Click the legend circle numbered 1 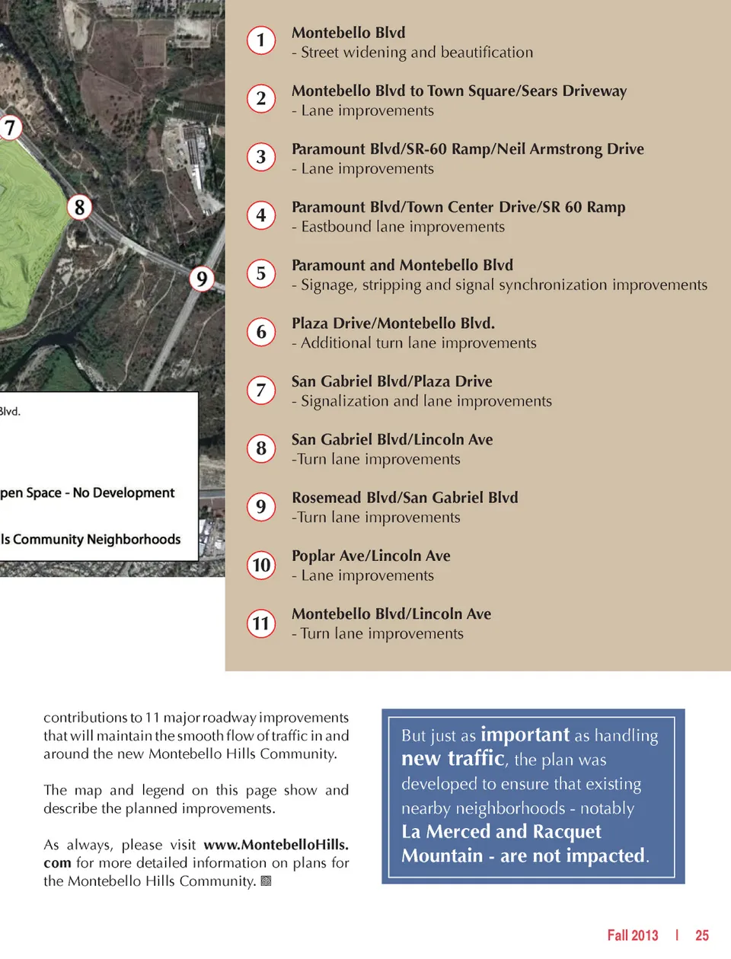(x=261, y=40)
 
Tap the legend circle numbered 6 (x=261, y=332)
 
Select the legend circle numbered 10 (x=261, y=565)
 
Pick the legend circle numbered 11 (x=261, y=623)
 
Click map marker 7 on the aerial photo (x=9, y=127)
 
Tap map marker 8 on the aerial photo (x=79, y=207)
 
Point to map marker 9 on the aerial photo (x=202, y=279)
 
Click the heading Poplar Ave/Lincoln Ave (x=371, y=556)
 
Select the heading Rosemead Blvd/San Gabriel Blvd (x=404, y=498)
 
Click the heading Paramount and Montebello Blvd (x=402, y=265)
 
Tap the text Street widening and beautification (x=417, y=53)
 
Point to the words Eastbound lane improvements (x=403, y=227)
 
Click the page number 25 (x=701, y=935)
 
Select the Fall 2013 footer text (x=632, y=935)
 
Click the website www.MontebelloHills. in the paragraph (x=276, y=845)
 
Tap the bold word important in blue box (x=525, y=734)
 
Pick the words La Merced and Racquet (x=501, y=831)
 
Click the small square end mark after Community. (x=266, y=881)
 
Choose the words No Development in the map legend (x=124, y=493)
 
